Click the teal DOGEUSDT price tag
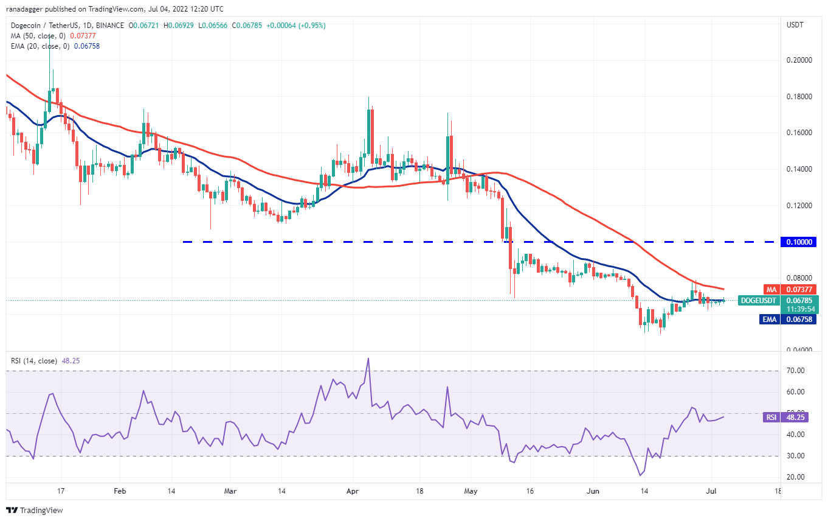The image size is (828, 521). pyautogui.click(x=757, y=300)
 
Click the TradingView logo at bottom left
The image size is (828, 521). pyautogui.click(x=35, y=510)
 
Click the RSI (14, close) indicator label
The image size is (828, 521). pyautogui.click(x=33, y=361)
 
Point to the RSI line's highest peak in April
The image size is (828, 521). pyautogui.click(x=368, y=358)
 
